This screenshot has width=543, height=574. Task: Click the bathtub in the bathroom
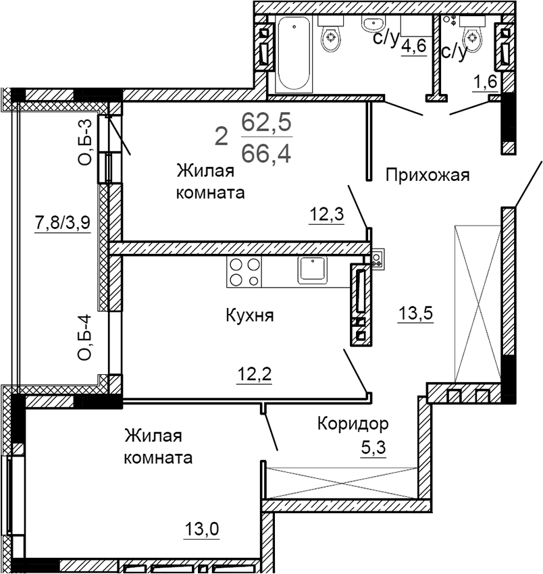(294, 55)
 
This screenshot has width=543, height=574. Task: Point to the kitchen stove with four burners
(244, 271)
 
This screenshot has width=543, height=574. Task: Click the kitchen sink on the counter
(312, 269)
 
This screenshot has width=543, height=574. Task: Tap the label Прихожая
(427, 176)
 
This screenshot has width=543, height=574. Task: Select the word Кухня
(250, 315)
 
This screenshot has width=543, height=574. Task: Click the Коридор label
(353, 424)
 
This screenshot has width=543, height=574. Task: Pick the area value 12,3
(327, 215)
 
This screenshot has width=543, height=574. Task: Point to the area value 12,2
(253, 373)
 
